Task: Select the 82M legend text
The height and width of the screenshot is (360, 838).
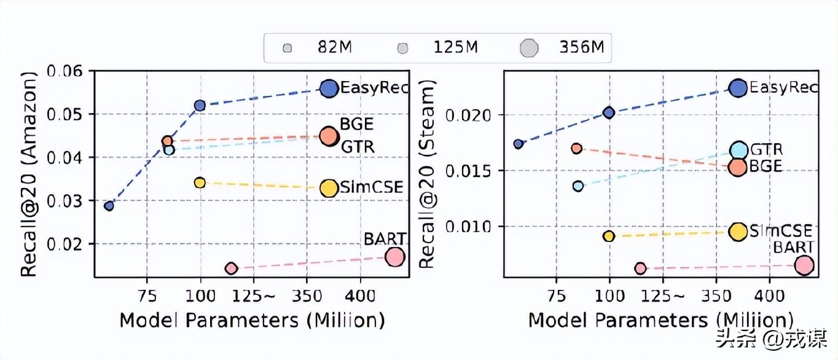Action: click(x=335, y=48)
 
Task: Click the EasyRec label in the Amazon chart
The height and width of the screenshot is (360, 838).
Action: click(x=374, y=88)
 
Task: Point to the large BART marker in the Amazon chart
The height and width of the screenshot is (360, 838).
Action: click(x=395, y=257)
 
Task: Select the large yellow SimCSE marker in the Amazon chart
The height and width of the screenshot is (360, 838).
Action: click(x=329, y=189)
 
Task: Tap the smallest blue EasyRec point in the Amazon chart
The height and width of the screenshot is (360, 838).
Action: click(x=109, y=206)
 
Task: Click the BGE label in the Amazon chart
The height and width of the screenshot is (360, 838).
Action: click(x=357, y=124)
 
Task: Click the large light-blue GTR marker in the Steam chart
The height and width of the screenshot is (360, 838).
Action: click(x=738, y=151)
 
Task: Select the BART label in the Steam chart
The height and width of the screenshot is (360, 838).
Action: click(x=793, y=248)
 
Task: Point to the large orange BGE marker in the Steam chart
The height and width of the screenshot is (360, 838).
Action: click(x=738, y=166)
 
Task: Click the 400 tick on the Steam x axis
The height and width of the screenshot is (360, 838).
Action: click(x=769, y=295)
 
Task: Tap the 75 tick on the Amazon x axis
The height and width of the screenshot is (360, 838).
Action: click(x=146, y=295)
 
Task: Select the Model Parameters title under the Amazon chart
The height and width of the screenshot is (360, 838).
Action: click(x=252, y=321)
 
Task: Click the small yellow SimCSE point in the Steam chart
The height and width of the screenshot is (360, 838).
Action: click(x=609, y=236)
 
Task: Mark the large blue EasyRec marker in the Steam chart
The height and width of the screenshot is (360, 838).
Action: click(x=738, y=88)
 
